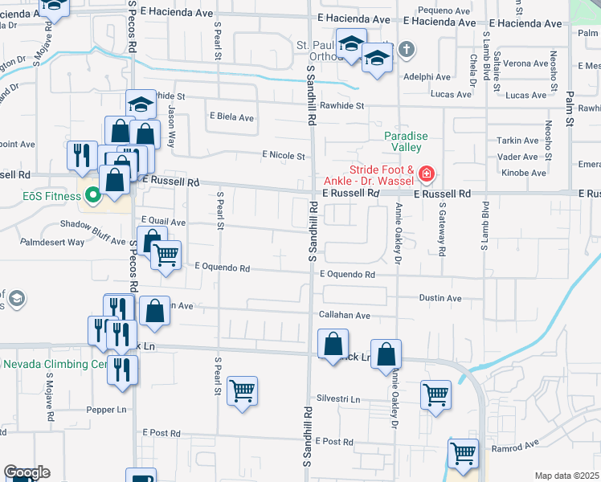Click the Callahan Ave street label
[x=345, y=316]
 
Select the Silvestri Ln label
[x=338, y=398]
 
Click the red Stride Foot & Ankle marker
[x=427, y=174]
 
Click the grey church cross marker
[x=407, y=50]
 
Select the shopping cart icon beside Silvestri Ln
[x=435, y=394]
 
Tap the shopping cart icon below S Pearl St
[x=242, y=391]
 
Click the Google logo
[x=27, y=472]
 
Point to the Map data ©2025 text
[x=567, y=476]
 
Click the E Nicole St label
[x=283, y=155]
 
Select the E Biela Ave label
[x=231, y=117]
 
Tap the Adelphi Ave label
[x=428, y=77]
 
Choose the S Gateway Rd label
[x=442, y=227]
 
